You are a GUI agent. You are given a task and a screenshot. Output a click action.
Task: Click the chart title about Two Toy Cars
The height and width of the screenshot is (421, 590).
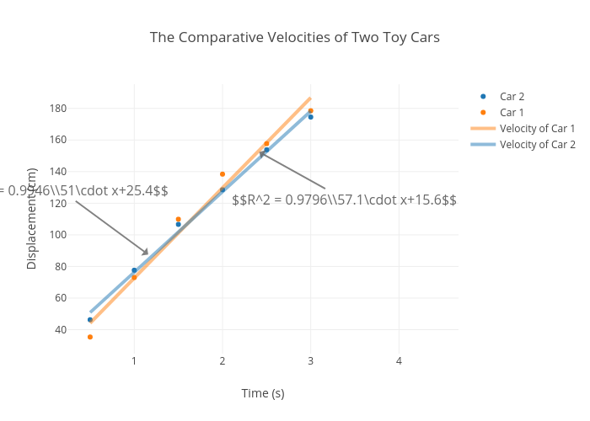click(x=295, y=38)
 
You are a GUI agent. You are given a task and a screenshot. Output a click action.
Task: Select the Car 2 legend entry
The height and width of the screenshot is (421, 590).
click(x=512, y=97)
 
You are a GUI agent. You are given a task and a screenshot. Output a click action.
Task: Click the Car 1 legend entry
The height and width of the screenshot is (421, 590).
click(x=512, y=113)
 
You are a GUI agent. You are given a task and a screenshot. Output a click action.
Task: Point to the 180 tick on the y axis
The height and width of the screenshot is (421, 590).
click(x=58, y=109)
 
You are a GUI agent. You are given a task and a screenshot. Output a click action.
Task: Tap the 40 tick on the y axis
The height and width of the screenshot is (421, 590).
click(x=61, y=329)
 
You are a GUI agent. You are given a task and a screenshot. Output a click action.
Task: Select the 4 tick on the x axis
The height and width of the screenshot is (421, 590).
click(x=400, y=361)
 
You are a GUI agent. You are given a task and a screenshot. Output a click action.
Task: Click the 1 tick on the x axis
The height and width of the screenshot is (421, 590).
click(x=134, y=361)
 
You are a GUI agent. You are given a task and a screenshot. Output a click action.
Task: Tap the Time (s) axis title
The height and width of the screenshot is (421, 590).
click(x=263, y=393)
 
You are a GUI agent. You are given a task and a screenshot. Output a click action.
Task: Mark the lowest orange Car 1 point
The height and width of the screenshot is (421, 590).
click(x=90, y=337)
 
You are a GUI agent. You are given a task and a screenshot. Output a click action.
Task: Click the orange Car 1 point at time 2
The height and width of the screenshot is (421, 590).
click(x=223, y=174)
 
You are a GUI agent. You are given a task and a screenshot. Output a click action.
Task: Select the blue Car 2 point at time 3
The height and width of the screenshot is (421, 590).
click(x=310, y=117)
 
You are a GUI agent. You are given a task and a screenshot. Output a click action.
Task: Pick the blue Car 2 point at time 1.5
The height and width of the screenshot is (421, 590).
click(x=179, y=225)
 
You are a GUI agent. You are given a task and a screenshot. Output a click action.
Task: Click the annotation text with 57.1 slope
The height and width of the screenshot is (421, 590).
click(x=344, y=200)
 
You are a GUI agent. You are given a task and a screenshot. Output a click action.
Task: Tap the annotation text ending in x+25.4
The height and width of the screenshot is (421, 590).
click(x=84, y=191)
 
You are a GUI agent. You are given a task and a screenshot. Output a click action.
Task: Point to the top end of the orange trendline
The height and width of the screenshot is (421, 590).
click(x=310, y=98)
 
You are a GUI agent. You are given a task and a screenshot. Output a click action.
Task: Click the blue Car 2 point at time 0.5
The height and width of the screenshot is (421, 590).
click(x=90, y=320)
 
